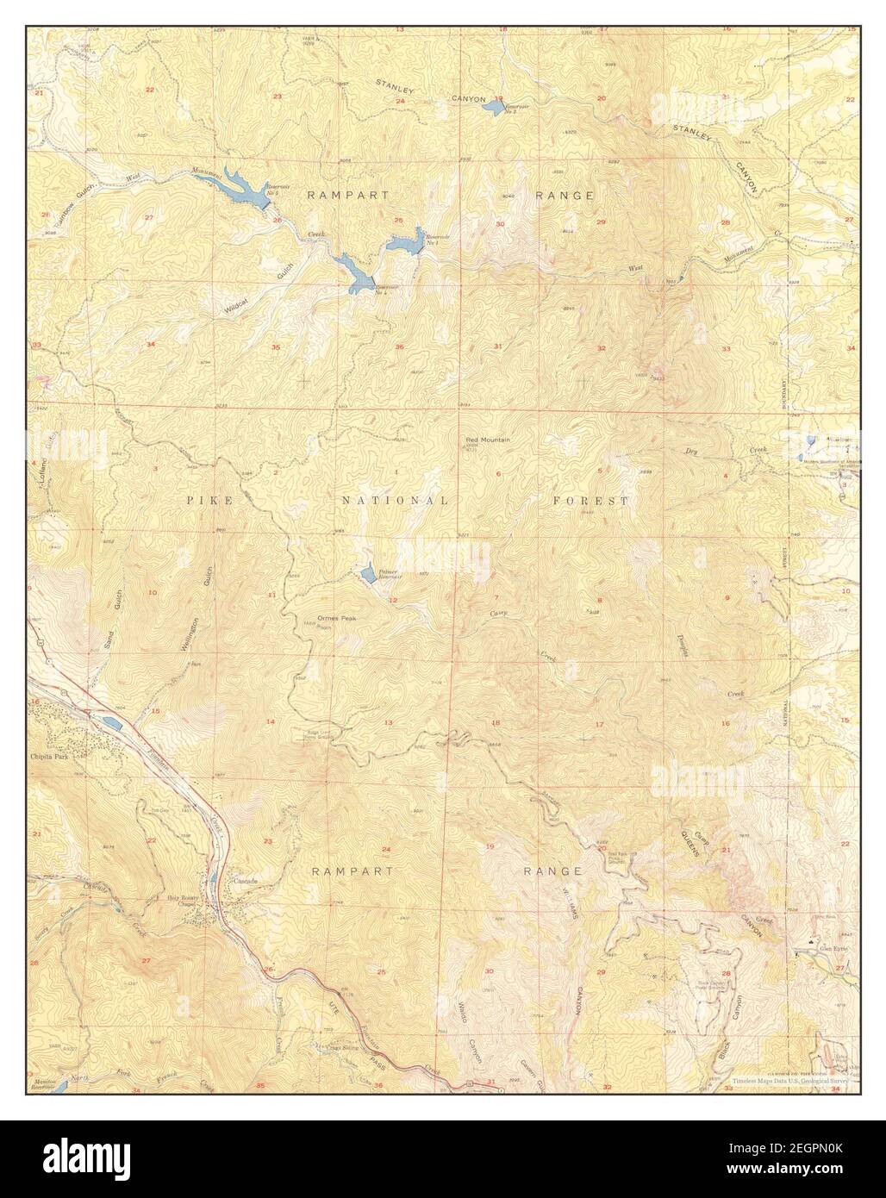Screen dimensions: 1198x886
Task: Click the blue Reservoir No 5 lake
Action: pos(242,189)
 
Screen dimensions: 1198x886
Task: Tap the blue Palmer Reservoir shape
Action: pos(369,574)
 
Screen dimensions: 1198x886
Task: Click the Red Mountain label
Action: pos(488,440)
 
